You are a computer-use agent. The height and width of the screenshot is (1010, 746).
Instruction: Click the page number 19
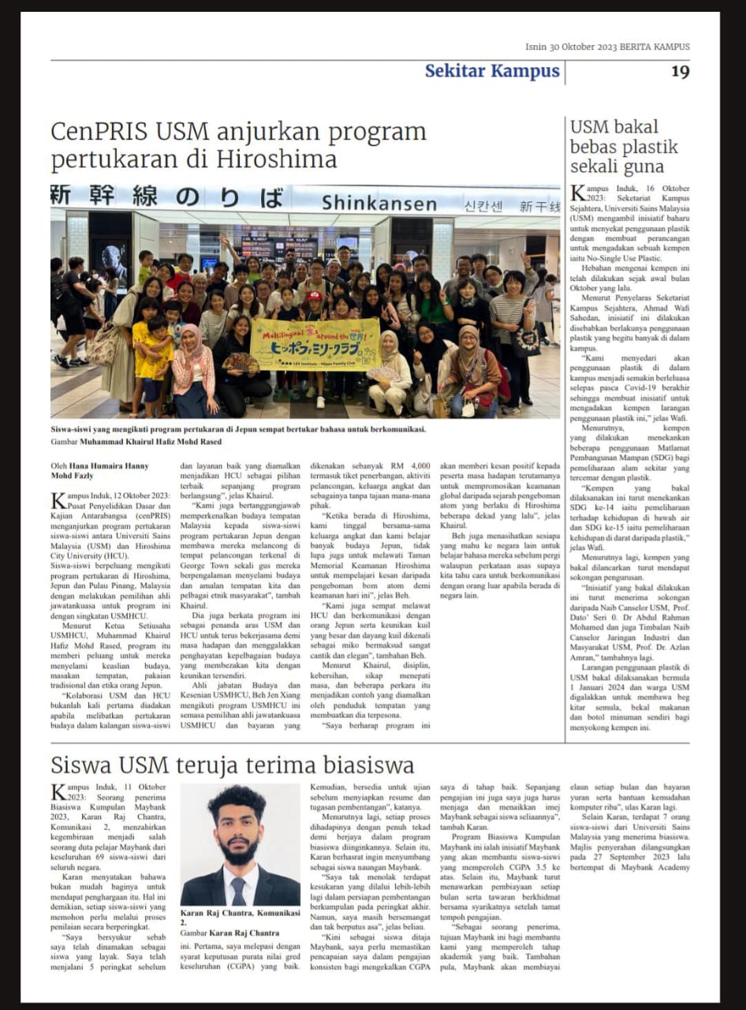[680, 72]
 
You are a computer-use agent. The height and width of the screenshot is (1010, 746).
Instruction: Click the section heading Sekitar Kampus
[492, 72]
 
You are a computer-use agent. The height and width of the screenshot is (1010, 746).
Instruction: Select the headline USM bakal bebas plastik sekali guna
[624, 147]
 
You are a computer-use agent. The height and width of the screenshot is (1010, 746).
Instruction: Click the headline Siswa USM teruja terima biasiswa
[233, 765]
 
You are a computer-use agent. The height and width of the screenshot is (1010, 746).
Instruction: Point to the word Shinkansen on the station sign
[379, 204]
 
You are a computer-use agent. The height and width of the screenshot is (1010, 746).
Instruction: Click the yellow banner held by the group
[315, 344]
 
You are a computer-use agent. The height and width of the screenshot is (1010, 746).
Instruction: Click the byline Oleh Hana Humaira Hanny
[99, 466]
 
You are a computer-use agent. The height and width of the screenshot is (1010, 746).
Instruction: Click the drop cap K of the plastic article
[578, 193]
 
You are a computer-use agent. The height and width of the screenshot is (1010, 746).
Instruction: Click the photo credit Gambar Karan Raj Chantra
[229, 933]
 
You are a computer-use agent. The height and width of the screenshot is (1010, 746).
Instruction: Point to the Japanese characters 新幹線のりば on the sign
[166, 197]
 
